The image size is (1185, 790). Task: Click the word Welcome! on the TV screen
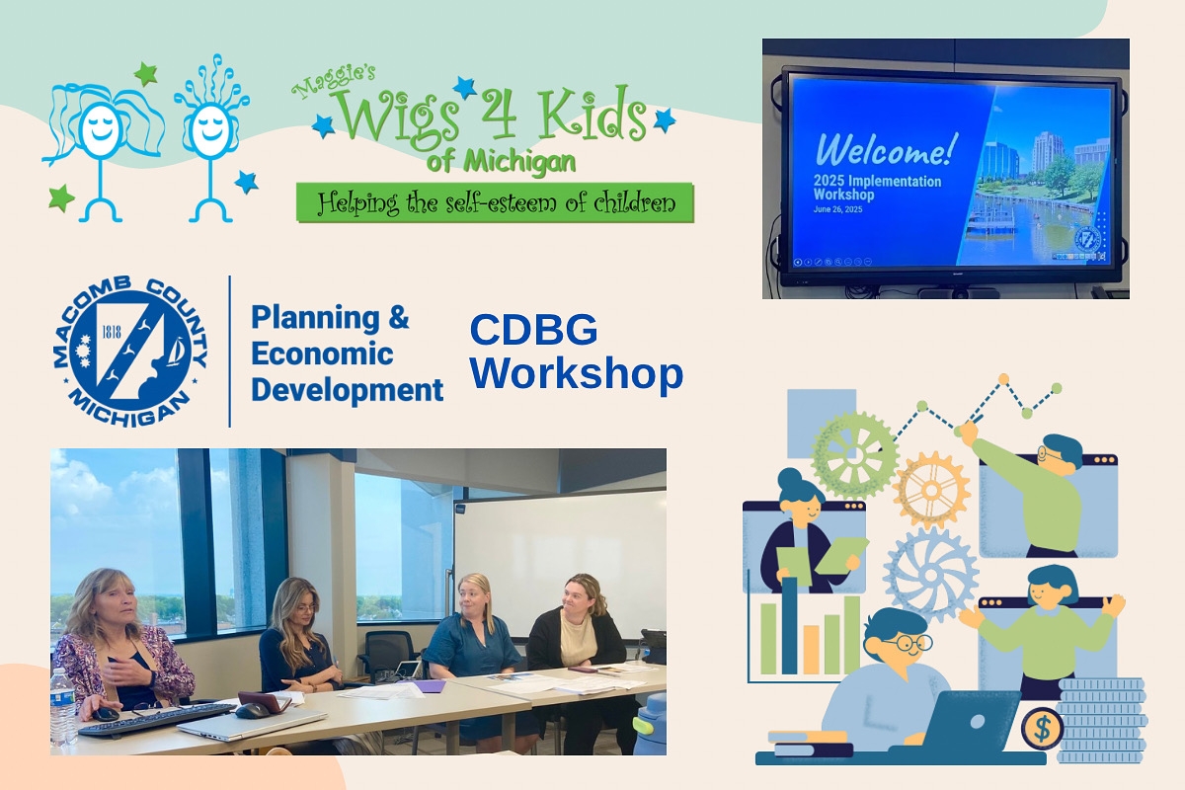pos(886,150)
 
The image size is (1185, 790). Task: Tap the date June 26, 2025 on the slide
pos(837,209)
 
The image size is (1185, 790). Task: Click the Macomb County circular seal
pos(130,352)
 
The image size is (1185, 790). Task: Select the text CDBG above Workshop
pos(533,329)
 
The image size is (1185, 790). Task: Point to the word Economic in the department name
pos(322,354)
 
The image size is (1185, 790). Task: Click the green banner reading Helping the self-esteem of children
pos(495,202)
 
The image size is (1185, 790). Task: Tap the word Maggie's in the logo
pos(334,81)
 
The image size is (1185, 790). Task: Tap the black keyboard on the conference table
pos(156,719)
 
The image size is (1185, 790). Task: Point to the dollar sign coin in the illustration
pos(1042,729)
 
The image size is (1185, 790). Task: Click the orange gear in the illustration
pos(931,491)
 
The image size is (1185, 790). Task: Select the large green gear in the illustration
pos(854,455)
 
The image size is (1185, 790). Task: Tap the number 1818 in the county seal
pos(111,332)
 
